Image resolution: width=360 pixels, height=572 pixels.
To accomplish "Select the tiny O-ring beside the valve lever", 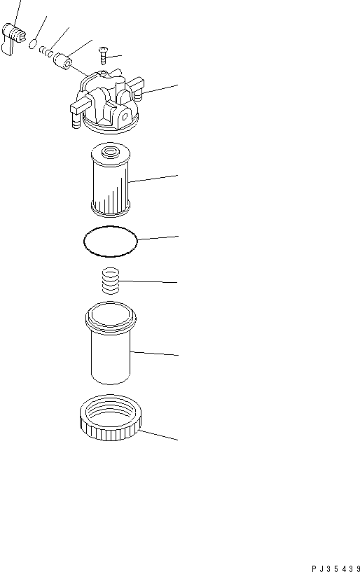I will point(33,45).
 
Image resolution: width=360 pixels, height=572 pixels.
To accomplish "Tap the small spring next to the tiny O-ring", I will point(47,52).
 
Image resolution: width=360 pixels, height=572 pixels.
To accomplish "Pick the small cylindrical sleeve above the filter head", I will point(64,61).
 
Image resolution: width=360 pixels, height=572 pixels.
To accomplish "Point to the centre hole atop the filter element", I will point(111,151).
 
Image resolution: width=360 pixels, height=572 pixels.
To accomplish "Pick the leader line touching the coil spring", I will point(148,282).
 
